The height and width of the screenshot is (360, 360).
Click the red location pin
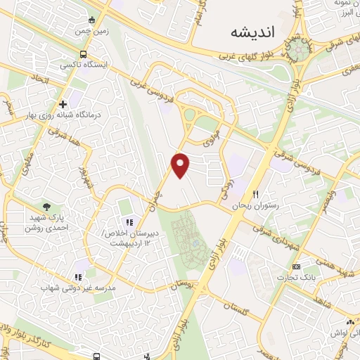click(181, 165)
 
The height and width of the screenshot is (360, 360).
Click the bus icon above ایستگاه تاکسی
click(84, 53)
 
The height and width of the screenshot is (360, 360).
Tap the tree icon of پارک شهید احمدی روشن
click(46, 207)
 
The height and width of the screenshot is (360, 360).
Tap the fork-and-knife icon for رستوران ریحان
click(257, 195)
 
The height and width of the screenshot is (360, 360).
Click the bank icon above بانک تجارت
click(296, 266)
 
